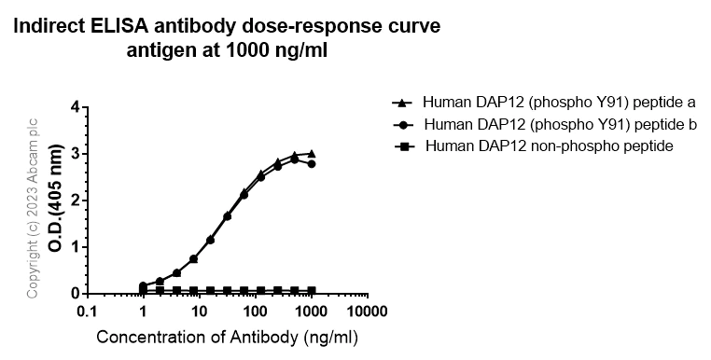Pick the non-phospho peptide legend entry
(x=551, y=146)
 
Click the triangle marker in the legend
(x=402, y=102)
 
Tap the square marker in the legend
(x=402, y=146)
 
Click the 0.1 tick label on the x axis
(x=87, y=311)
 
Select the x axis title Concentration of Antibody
(x=227, y=337)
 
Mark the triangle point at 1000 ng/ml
(x=311, y=153)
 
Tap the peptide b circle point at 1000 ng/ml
(x=311, y=163)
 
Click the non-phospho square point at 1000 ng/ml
(x=311, y=291)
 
